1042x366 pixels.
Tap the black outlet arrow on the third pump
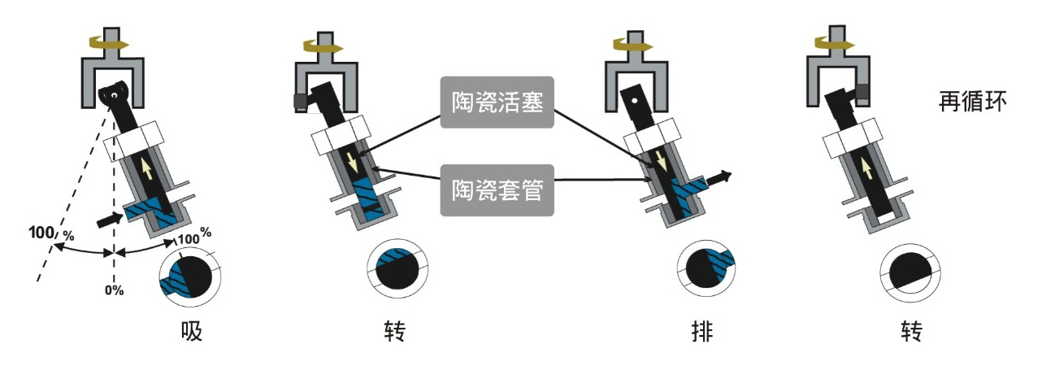tap(719, 176)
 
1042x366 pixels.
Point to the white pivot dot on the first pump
tap(115, 96)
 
